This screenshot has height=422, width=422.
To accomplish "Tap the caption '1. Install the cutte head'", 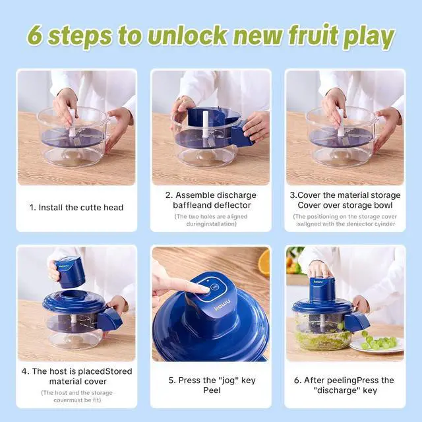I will [x=76, y=207].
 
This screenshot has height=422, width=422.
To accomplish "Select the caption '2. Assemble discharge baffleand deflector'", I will [x=211, y=200].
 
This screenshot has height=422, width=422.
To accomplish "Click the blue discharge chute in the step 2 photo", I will [x=240, y=137].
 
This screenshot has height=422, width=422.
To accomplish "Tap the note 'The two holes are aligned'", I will [x=211, y=216].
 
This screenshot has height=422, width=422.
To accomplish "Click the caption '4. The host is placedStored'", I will [x=76, y=371].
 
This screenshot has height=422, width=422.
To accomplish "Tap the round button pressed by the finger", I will [x=214, y=288].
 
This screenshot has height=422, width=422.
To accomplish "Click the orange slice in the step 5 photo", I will [x=264, y=263].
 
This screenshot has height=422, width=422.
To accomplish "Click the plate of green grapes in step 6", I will [x=375, y=343].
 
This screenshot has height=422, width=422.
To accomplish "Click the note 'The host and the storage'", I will [x=76, y=392].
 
